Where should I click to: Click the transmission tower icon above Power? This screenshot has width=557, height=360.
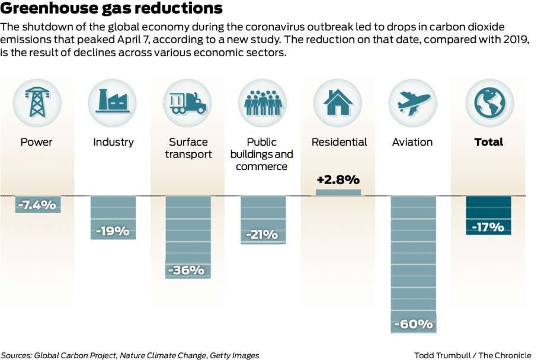(x=37, y=102)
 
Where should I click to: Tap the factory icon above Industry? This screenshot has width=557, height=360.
(x=113, y=102)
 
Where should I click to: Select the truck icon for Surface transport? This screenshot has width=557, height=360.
(x=188, y=102)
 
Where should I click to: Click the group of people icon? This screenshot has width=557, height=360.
(x=263, y=102)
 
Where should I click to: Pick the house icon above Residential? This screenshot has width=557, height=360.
(x=338, y=102)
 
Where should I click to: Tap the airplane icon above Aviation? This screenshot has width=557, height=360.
(x=413, y=102)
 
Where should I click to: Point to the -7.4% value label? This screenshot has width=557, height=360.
(x=37, y=205)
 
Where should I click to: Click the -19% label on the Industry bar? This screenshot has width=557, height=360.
(x=113, y=231)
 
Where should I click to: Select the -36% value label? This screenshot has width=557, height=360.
(x=188, y=270)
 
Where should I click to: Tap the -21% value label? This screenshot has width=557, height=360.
(x=263, y=234)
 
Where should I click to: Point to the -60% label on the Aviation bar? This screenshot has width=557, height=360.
(x=414, y=324)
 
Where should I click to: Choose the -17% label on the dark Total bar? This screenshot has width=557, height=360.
(x=488, y=227)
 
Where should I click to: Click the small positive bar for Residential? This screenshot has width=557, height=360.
(x=338, y=192)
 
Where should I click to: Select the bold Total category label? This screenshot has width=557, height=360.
(x=488, y=142)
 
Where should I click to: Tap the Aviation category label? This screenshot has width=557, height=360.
(x=412, y=142)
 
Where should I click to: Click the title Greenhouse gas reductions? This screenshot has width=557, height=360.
(x=111, y=9)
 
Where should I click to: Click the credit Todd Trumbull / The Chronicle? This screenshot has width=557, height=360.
(x=473, y=355)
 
